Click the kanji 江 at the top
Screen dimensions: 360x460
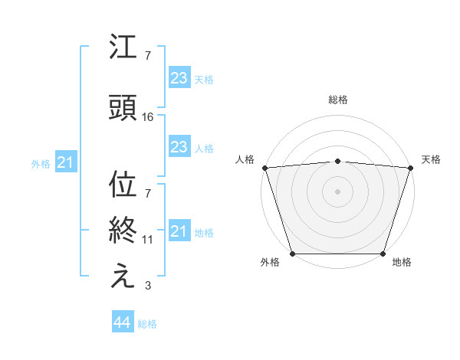click(123, 50)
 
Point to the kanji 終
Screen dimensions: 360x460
click(123, 231)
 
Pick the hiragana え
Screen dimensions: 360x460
click(123, 277)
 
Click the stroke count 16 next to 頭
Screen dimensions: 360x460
click(148, 116)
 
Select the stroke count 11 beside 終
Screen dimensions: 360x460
click(148, 240)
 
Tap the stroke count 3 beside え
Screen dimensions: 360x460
click(148, 286)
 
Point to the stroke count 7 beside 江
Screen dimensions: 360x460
click(148, 56)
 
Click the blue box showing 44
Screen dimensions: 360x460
click(122, 322)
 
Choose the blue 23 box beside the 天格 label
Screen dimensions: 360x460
click(179, 77)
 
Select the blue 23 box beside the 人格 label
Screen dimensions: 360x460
click(179, 147)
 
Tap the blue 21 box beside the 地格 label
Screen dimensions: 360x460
click(179, 231)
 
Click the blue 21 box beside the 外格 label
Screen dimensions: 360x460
click(65, 162)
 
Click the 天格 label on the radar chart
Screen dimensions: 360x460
click(431, 159)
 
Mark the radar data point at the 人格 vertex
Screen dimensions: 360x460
click(265, 167)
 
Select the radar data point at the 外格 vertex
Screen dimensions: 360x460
click(293, 254)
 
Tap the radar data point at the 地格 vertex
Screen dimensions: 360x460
click(383, 254)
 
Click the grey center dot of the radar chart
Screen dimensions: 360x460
click(337, 191)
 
